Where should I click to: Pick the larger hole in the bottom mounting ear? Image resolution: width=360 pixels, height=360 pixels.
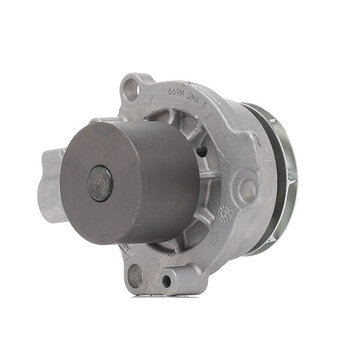pos(136,276)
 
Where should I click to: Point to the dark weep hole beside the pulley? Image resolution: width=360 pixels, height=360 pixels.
pos(204,151)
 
